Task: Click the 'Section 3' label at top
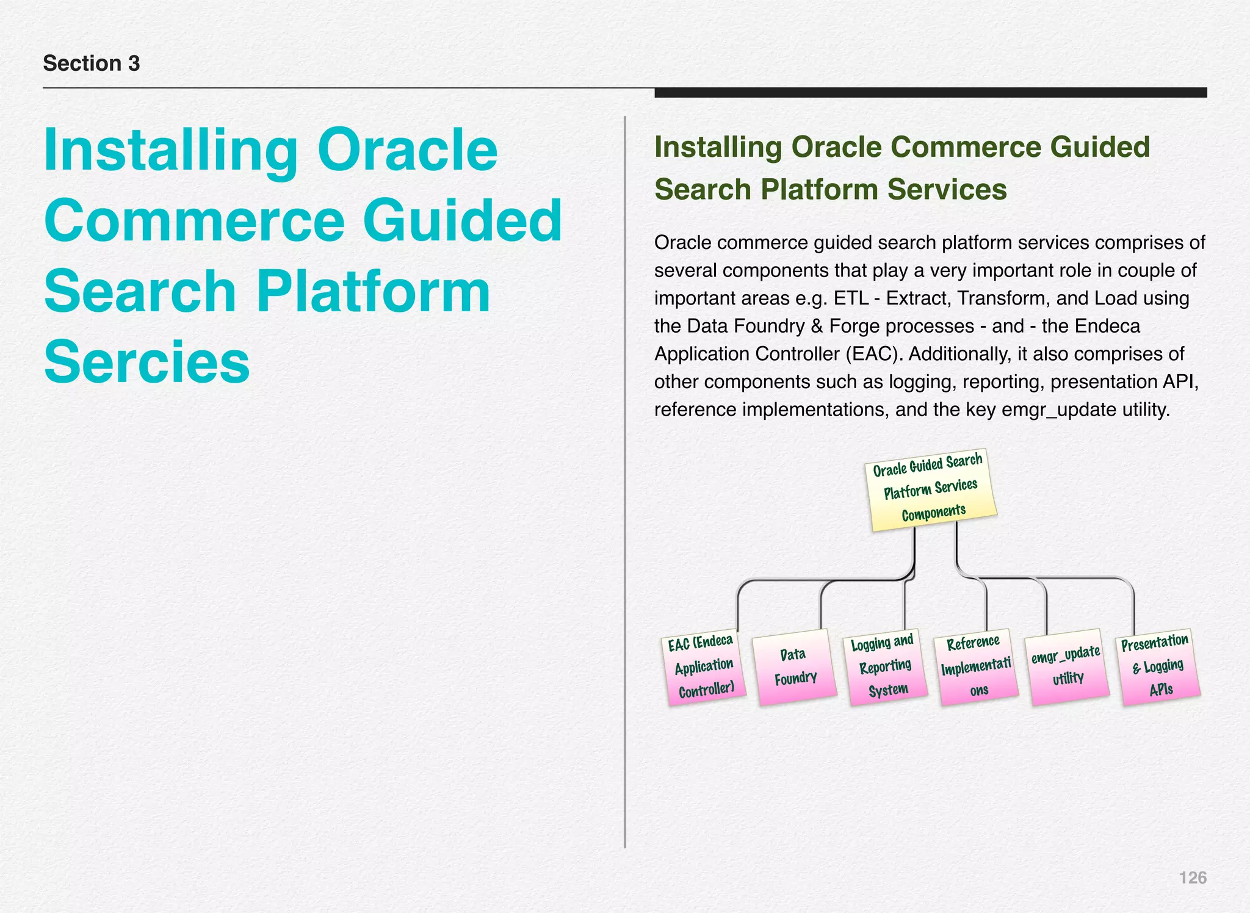92,63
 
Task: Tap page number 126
1192,878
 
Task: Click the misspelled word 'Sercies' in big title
147,362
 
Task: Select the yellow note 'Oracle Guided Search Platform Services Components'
930,489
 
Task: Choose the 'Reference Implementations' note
976,666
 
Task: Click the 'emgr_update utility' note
1067,666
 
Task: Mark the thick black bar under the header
930,93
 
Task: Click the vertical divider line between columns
625,482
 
